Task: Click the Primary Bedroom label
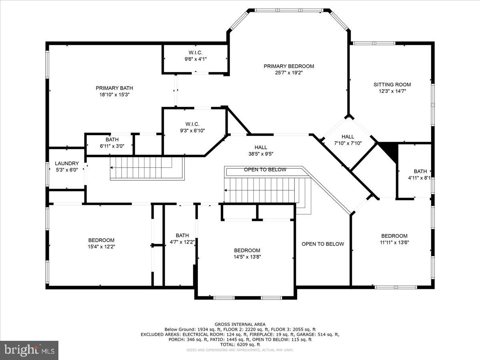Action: coord(288,66)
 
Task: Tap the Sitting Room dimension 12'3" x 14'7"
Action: coord(392,91)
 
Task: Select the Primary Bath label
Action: coord(114,88)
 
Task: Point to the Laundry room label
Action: coord(67,164)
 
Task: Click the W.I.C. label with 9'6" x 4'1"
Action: coord(196,53)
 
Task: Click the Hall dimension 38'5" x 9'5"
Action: coord(261,154)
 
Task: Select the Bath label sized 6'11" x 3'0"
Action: coord(112,140)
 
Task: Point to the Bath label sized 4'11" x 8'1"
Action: coord(420,171)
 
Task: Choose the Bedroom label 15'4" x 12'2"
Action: coord(101,240)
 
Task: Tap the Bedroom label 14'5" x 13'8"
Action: coord(247,250)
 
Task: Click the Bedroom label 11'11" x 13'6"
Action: coord(394,236)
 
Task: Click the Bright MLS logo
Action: coord(29,350)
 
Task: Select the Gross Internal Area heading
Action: coord(240,324)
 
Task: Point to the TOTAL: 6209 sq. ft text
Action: coord(240,344)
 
